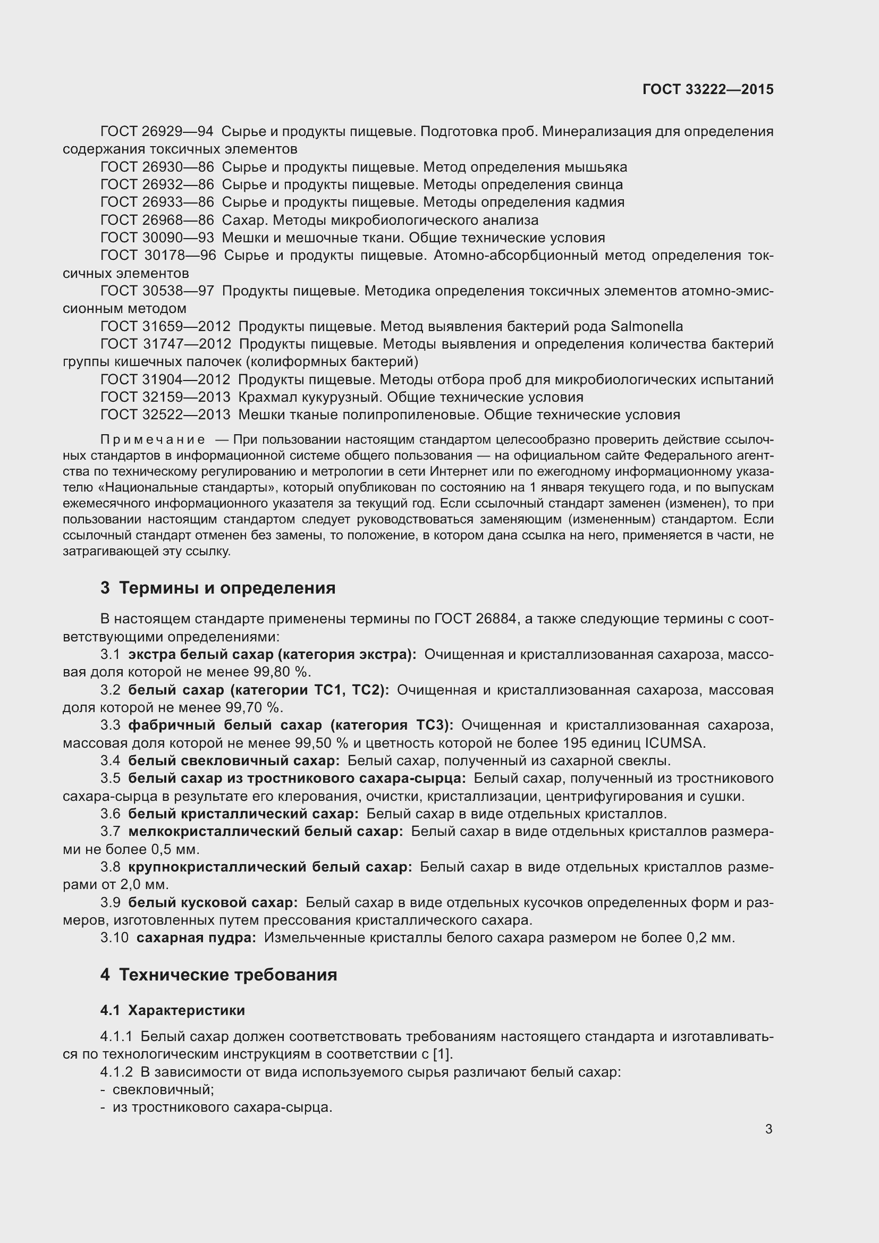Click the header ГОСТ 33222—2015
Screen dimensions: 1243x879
click(707, 90)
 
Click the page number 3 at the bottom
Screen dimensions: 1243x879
click(768, 1129)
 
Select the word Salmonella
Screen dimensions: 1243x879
click(646, 326)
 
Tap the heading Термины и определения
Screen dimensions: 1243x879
click(227, 588)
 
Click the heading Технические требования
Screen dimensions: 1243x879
click(228, 975)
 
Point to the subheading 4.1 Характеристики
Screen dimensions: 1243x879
click(172, 1011)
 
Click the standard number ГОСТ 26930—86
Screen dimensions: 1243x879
click(157, 167)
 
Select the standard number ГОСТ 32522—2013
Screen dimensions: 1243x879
click(165, 415)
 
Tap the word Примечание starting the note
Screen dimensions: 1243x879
click(153, 439)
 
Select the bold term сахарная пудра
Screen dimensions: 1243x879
click(196, 937)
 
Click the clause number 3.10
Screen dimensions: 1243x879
click(114, 937)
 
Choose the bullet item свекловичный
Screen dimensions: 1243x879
click(163, 1090)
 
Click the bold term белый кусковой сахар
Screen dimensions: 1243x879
click(213, 902)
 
